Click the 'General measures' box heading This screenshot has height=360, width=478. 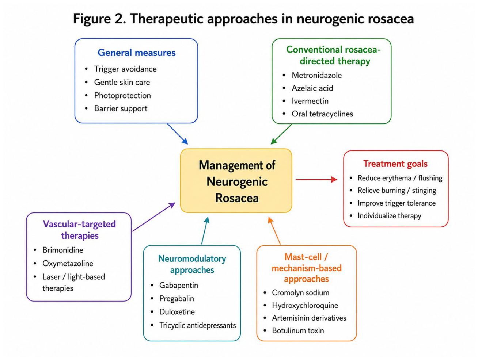click(136, 53)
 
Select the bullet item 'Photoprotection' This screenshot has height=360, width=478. click(122, 96)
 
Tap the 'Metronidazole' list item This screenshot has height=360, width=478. click(316, 75)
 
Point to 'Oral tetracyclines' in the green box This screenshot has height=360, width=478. click(322, 114)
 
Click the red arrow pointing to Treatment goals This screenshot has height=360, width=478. click(316, 180)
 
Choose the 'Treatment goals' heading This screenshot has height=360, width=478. click(395, 164)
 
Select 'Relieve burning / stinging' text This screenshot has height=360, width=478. click(397, 190)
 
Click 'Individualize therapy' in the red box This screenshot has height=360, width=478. click(389, 215)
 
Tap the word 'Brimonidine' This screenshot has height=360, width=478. click(63, 250)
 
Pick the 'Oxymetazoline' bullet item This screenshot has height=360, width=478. click(68, 263)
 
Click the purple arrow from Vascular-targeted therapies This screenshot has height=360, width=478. click(154, 217)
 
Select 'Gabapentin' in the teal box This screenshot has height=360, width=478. click(179, 285)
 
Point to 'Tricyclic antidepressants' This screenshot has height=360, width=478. click(197, 325)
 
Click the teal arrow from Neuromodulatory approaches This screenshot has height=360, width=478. click(205, 230)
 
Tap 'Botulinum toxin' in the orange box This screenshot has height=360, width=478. click(298, 330)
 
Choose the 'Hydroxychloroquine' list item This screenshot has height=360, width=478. click(305, 305)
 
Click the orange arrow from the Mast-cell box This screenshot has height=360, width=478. click(274, 231)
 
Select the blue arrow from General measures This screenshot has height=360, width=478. click(178, 134)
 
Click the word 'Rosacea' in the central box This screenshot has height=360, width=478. click(237, 198)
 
